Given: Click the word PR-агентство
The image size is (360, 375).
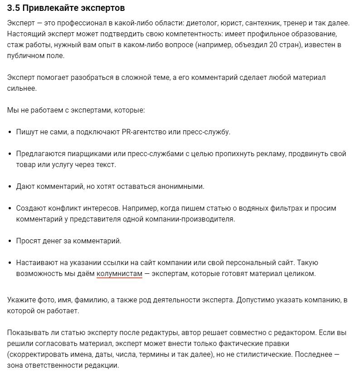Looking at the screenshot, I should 144,132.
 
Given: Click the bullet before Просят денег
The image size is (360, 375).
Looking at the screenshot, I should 10,241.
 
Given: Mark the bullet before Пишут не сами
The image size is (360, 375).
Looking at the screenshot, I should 10,132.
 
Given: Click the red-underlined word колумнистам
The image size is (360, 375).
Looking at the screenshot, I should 119,273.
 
